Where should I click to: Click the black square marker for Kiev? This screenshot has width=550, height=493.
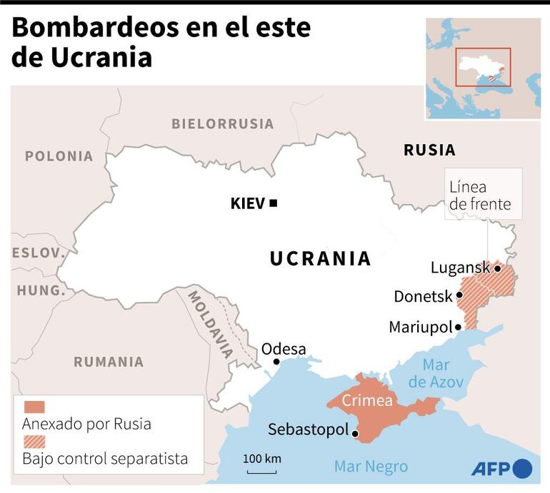coord(274,203)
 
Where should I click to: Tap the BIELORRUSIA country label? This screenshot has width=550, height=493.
coord(222,123)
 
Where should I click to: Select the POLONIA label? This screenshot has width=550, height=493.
coord(59,156)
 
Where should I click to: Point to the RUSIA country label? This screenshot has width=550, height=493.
coord(429,150)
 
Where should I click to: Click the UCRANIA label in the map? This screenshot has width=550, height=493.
coord(320,258)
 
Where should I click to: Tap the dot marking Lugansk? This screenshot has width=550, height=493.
coord(497,268)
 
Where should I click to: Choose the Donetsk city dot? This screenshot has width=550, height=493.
coord(460,296)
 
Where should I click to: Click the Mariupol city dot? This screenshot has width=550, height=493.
coord(460,327)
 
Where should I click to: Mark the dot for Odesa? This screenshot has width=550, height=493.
coord(276,362)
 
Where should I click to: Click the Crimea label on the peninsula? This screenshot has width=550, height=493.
coord(366,400)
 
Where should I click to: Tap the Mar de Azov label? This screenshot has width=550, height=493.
coord(436,374)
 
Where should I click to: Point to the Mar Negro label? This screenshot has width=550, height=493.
coord(371,467)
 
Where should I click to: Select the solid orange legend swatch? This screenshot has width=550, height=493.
coord(34,407)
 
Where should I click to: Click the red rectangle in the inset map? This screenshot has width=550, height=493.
coord(484,67)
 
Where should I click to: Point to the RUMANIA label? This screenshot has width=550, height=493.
coord(109,362)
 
